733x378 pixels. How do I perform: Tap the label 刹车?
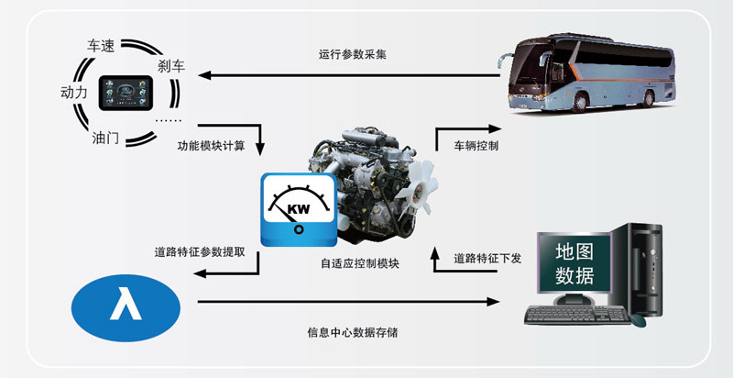point(172,65)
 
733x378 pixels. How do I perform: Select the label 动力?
point(74,92)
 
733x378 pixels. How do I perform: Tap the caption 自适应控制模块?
point(360,263)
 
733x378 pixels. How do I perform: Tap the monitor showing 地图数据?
point(574,261)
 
